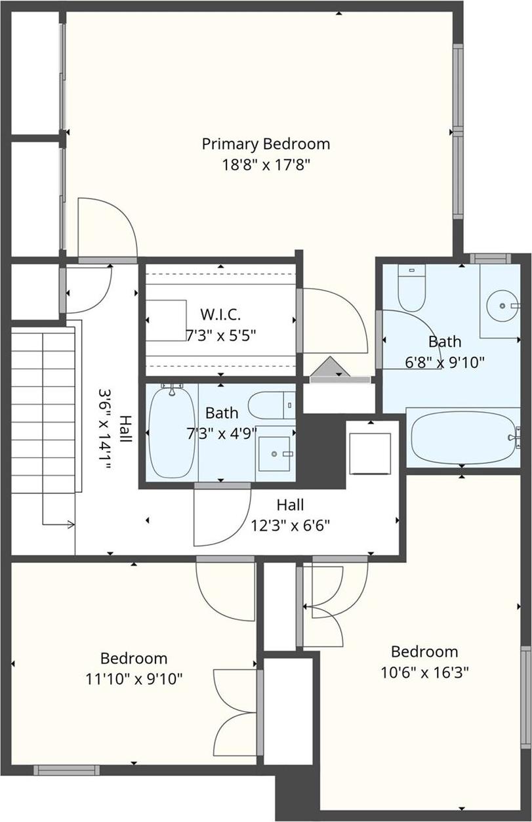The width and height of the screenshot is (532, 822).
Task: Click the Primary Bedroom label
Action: [x=266, y=144]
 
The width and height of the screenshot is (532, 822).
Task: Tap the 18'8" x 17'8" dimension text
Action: [x=266, y=164]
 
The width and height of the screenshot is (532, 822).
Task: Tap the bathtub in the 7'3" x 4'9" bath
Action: [x=171, y=432]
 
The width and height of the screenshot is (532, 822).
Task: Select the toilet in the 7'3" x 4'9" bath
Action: [x=271, y=405]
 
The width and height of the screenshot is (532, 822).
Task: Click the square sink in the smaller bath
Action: [x=275, y=453]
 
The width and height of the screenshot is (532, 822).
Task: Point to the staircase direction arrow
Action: [x=68, y=524]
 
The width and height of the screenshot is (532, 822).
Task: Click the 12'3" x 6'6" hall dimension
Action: [x=290, y=525]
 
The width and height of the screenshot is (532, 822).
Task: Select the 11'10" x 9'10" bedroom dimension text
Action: [x=134, y=678]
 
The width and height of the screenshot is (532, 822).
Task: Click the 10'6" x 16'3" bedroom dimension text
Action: [x=424, y=672]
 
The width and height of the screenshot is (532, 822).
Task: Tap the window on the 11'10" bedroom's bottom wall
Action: [x=66, y=770]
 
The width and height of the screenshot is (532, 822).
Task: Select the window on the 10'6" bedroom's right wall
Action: [x=525, y=697]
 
